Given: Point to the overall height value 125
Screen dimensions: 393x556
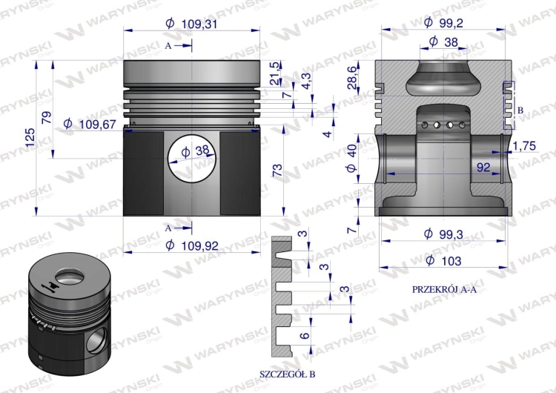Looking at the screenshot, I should tap(29, 137).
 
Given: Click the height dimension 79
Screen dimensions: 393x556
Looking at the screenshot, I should tap(46, 117).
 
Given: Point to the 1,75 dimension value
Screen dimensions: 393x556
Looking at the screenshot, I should tap(524, 145).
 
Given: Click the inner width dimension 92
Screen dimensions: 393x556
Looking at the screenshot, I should tap(483, 168).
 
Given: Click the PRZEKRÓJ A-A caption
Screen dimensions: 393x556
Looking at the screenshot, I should tap(444, 288).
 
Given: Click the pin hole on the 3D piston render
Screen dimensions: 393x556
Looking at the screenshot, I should tap(95, 342).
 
